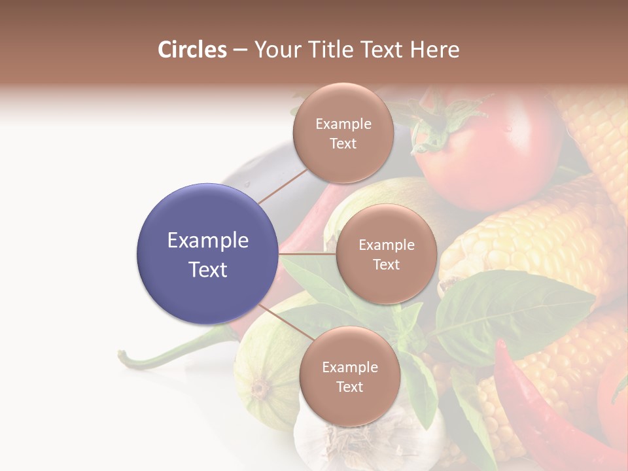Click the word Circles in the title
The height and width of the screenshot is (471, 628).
(x=192, y=50)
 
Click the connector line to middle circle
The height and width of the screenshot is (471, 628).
(x=307, y=253)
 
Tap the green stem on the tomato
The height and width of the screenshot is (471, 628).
(x=445, y=124)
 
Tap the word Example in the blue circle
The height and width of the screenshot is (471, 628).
(x=208, y=241)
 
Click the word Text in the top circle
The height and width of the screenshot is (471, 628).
(x=343, y=144)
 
